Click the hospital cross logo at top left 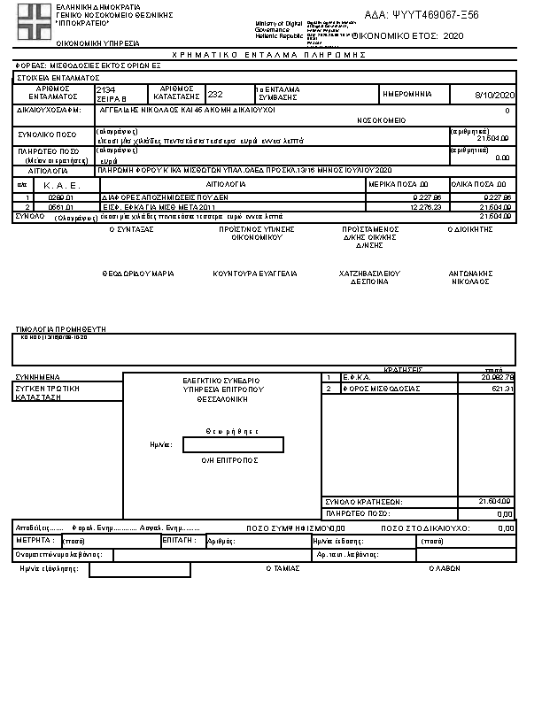pyautogui.click(x=35, y=20)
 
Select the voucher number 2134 pyautogui.click(x=105, y=90)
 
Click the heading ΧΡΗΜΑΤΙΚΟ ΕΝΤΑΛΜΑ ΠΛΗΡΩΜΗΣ pyautogui.click(x=269, y=55)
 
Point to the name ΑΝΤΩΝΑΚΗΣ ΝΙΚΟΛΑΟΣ pyautogui.click(x=471, y=278)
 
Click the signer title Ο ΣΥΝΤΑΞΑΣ pyautogui.click(x=131, y=228)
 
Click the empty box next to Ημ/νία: pyautogui.click(x=233, y=444)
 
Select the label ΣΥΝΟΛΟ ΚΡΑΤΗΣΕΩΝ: pyautogui.click(x=364, y=502)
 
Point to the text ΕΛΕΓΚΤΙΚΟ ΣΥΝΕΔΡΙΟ pyautogui.click(x=220, y=380)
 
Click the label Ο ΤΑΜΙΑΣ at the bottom pyautogui.click(x=283, y=569)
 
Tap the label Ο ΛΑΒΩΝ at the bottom pyautogui.click(x=445, y=569)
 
